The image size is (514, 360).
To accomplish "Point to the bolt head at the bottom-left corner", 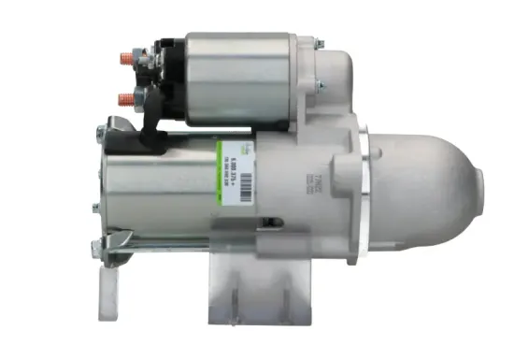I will coord(95,248).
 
